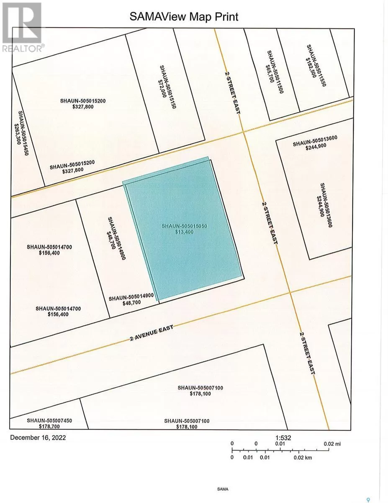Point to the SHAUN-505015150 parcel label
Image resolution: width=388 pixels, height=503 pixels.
click(168, 87)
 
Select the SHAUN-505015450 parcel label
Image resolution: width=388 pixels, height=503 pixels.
click(23, 133)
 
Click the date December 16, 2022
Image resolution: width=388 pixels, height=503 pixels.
click(38, 437)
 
